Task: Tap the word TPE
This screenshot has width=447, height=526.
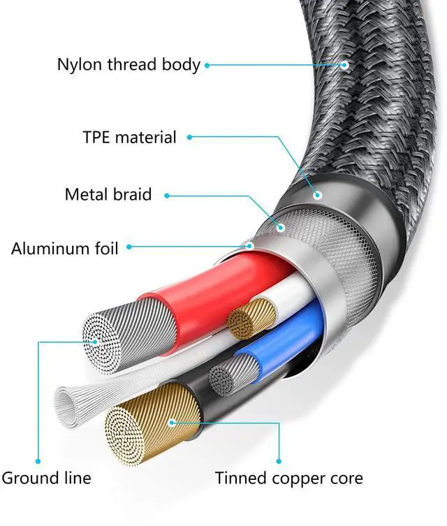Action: point(97,137)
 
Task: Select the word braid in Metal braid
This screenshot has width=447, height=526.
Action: point(130,193)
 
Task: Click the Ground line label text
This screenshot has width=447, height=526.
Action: point(46,478)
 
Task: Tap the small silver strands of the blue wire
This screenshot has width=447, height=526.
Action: point(223,378)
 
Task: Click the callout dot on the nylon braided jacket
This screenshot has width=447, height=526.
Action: point(344,65)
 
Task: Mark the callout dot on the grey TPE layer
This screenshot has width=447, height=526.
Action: point(318,195)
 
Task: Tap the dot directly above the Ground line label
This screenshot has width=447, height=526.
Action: point(39,461)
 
